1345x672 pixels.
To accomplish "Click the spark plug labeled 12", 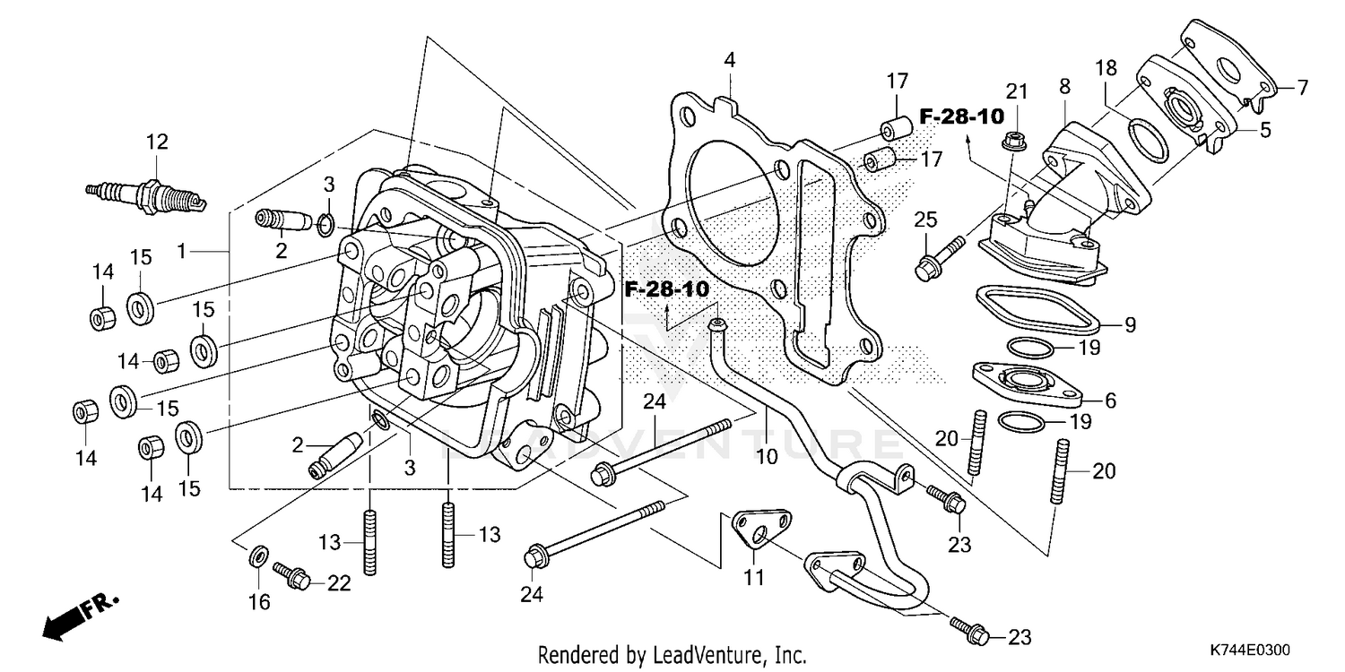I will tap(148, 191).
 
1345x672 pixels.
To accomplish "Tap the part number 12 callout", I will tap(157, 142).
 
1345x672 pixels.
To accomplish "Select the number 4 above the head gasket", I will tap(730, 60).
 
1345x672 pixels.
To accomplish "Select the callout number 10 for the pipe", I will tap(766, 456).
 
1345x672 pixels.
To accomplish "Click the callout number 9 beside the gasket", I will tap(1130, 325).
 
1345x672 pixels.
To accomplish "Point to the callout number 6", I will tap(1110, 401).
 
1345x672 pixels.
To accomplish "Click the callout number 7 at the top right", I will tap(1301, 87).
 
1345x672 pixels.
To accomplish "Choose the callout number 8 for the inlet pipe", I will tap(1064, 87).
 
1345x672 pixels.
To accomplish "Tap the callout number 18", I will tap(1105, 68).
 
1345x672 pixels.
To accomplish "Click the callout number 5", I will tap(1264, 130).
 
